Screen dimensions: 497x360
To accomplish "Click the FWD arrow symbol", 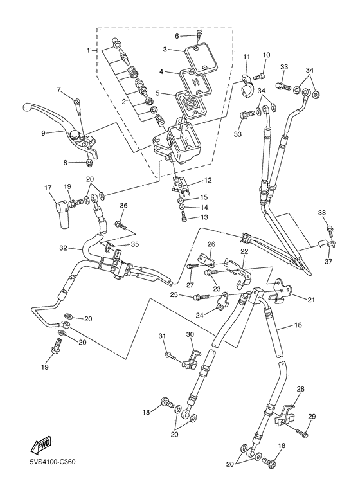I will coord(40,445).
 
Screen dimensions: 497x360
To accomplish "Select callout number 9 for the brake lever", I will coord(44,133).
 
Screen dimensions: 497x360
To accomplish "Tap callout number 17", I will coord(47,188).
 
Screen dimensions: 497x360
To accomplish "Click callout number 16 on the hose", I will coord(298,326).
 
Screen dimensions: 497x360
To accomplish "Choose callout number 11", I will coord(246,57).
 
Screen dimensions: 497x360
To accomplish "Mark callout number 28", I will coord(300,389).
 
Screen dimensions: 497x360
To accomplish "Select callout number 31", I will coord(163,336).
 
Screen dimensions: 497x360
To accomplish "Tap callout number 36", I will coord(123,206).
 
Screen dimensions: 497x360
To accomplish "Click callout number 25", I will coord(174,294).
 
